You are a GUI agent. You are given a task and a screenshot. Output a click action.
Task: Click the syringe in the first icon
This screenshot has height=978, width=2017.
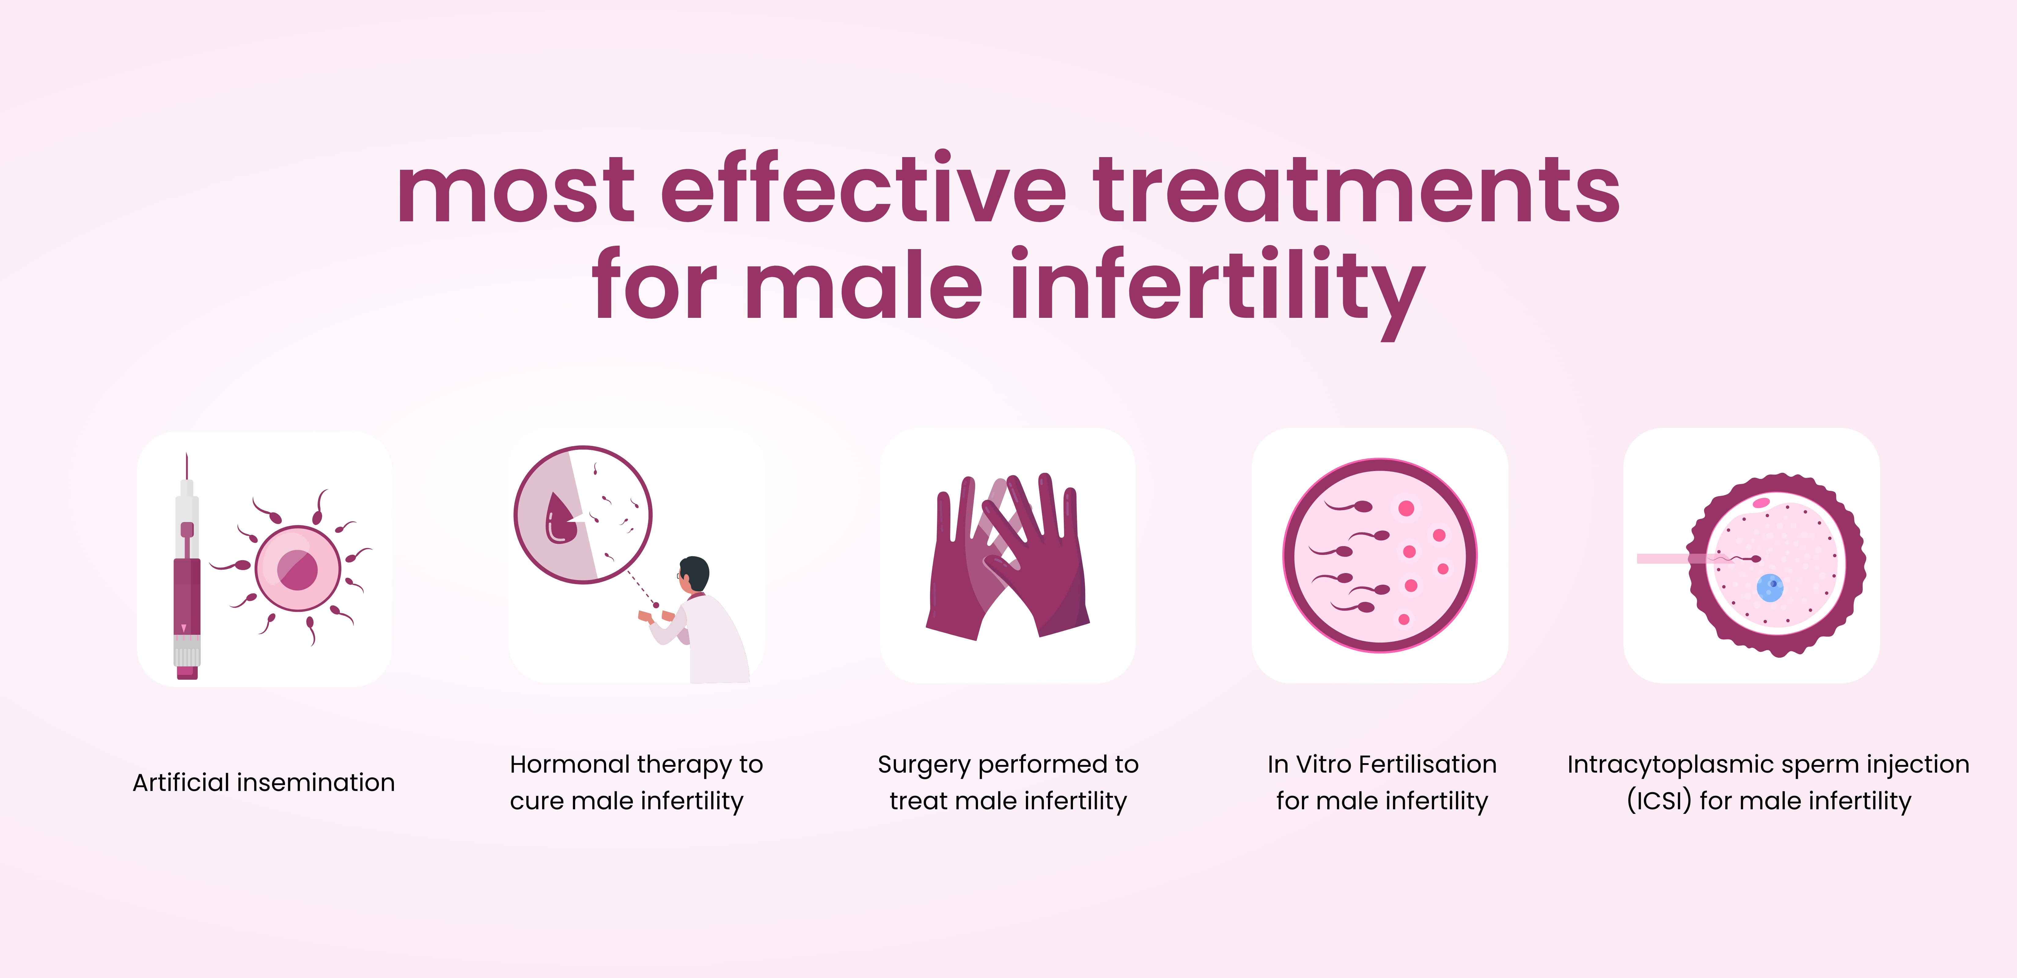(x=186, y=579)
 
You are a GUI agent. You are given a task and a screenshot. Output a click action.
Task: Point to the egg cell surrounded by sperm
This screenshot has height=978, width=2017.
(x=298, y=568)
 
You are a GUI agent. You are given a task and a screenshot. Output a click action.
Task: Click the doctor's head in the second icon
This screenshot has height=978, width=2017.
(x=694, y=573)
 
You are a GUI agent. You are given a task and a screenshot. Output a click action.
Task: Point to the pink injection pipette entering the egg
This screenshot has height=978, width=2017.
(x=1676, y=558)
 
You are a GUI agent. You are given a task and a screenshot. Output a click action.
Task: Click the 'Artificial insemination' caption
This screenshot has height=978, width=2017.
(x=264, y=782)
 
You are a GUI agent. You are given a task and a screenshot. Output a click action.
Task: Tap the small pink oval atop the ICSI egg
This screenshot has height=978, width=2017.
(x=1761, y=502)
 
